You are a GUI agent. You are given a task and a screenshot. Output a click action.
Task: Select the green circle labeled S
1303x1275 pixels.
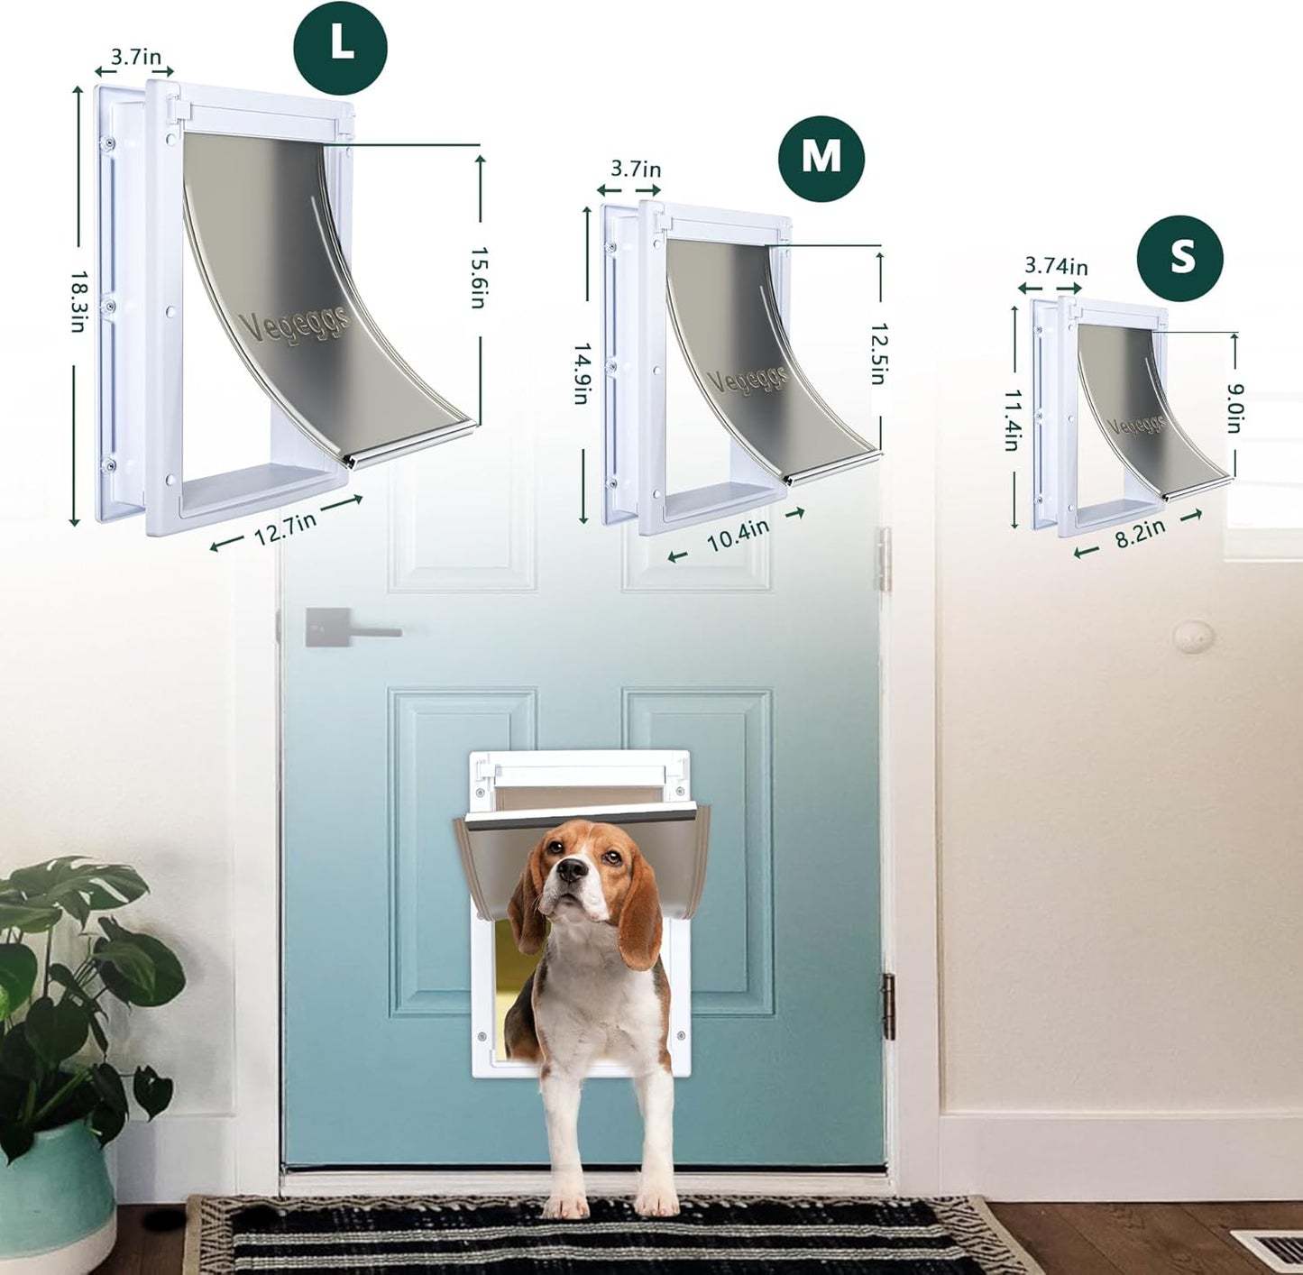pos(1179,258)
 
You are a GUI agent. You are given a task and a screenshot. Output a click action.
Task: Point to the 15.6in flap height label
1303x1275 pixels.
pos(479,278)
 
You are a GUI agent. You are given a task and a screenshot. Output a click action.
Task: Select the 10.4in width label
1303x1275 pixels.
pos(737,536)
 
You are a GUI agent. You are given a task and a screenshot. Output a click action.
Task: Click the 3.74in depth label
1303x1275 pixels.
pos(1055,267)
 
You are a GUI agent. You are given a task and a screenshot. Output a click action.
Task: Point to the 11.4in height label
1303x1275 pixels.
pos(1014,420)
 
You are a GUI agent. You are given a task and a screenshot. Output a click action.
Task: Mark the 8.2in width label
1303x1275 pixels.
pos(1140,534)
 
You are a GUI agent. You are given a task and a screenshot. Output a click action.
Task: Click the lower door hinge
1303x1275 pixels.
pos(887,1006)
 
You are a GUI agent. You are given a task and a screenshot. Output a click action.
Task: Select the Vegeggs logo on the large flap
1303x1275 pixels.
pos(294,323)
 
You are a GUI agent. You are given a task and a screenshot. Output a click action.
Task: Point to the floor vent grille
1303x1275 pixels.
pos(1271,1250)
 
